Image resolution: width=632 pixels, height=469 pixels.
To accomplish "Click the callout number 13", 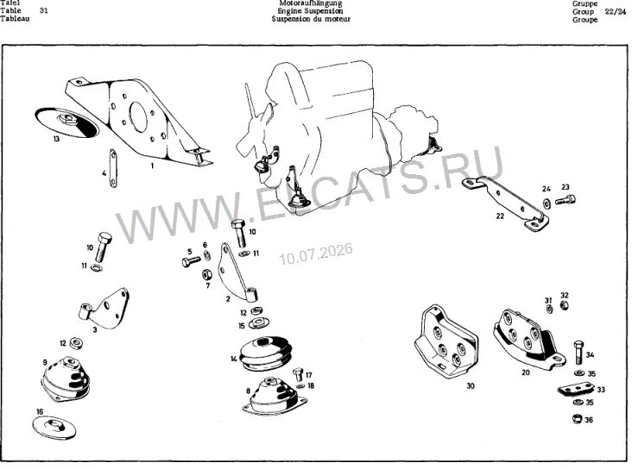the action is [56, 139].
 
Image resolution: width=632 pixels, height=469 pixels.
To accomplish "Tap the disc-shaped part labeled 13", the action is [66, 122].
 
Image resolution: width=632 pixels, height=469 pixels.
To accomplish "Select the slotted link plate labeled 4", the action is [113, 168].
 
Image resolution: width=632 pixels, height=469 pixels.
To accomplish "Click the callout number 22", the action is [500, 216].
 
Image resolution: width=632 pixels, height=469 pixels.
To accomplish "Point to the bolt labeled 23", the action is [566, 199].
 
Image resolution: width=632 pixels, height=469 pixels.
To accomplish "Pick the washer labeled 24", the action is [547, 203].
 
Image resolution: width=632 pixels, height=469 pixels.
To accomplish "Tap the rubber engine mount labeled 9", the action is [66, 379].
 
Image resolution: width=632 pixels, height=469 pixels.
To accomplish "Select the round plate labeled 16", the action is [54, 427].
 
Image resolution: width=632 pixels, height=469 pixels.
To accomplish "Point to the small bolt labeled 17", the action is [298, 374].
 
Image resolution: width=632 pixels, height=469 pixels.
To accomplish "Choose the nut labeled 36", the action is [577, 419].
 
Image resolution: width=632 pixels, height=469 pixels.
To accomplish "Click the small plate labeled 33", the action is [577, 390].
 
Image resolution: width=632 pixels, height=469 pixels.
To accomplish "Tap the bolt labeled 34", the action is [578, 352].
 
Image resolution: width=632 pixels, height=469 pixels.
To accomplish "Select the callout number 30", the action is [471, 385].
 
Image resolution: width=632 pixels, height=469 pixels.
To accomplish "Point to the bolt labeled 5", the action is [191, 262].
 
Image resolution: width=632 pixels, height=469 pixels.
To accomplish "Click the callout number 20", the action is [526, 372].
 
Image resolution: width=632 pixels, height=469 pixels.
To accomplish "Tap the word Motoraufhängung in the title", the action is [310, 3].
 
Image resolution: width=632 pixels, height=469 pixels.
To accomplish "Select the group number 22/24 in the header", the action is [615, 11].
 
